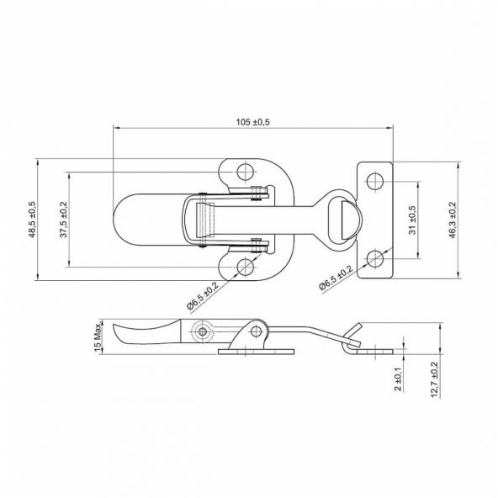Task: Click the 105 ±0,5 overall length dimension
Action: [x=253, y=122]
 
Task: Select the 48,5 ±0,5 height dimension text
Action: [x=33, y=220]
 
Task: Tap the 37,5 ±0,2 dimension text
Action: [x=64, y=220]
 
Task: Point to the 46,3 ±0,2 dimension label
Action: [x=453, y=220]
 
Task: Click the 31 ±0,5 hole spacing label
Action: [x=412, y=220]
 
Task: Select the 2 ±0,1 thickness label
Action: [x=398, y=379]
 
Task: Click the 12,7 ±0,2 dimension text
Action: [x=434, y=380]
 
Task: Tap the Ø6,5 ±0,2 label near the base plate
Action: [x=203, y=296]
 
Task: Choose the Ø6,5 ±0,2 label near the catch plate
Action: [x=336, y=278]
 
